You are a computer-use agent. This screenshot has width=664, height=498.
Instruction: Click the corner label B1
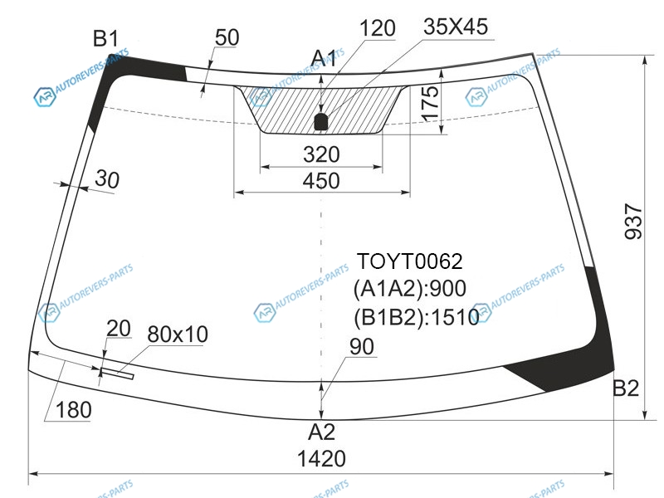106,39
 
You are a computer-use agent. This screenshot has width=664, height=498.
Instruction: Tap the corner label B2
626,388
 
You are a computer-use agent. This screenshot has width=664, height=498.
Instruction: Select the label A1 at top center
324,58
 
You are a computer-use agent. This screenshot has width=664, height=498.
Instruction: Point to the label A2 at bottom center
322,432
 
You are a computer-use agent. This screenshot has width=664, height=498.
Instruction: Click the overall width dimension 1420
322,459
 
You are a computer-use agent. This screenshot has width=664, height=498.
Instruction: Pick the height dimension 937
634,222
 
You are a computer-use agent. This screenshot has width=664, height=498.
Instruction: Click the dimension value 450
321,181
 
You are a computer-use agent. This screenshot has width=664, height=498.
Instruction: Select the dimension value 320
321,154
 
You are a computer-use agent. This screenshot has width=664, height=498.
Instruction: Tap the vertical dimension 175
430,103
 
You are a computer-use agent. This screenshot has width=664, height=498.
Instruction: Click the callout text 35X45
456,27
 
